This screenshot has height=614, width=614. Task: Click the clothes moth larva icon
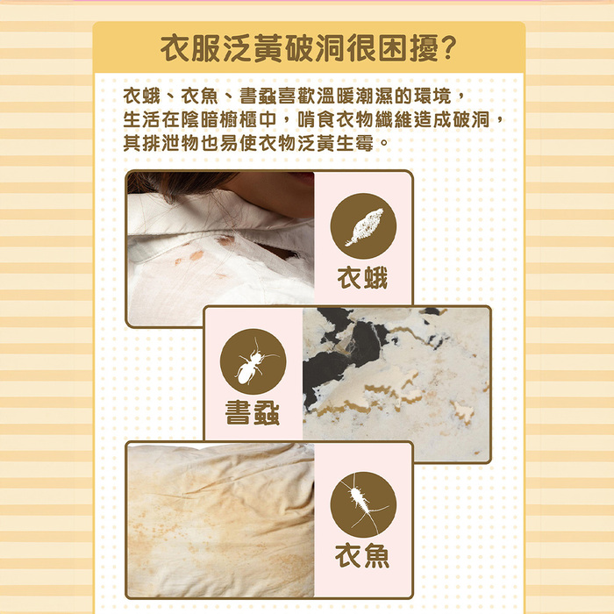click(364, 227)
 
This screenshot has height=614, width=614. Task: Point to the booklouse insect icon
click(253, 361)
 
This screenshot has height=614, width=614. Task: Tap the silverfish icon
click(364, 504)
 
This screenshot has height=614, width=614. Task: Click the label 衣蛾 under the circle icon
click(362, 278)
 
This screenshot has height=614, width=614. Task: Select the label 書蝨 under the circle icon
click(253, 413)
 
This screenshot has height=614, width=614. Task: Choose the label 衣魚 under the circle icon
click(362, 555)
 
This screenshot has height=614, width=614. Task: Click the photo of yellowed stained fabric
click(221, 520)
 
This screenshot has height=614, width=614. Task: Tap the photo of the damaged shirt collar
click(221, 249)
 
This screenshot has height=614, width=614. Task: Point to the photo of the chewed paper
click(396, 384)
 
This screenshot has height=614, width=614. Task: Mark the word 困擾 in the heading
click(409, 47)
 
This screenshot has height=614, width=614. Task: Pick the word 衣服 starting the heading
click(191, 47)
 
